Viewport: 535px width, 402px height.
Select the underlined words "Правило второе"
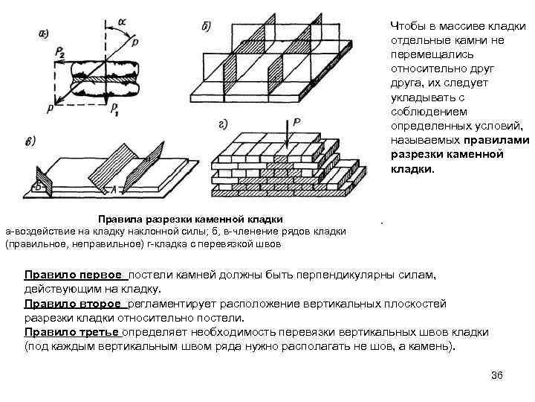tap(75, 304)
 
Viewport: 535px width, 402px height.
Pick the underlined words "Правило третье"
tap(73, 332)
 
